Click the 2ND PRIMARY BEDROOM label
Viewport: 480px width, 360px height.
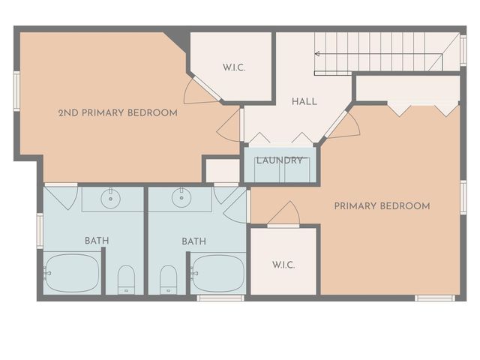pos(118,113)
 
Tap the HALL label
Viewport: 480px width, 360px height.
pos(304,101)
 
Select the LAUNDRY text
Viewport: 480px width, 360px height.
pos(279,160)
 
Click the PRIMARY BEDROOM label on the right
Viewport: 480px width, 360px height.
pos(382,206)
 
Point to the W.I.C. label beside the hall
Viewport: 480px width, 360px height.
pos(234,68)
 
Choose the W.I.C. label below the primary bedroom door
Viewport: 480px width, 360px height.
pos(283,265)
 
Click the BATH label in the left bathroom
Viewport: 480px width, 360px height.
pos(96,241)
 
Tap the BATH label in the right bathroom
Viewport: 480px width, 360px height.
pos(193,241)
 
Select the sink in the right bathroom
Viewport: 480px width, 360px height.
pos(181,199)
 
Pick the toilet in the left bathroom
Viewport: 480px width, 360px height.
pos(126,279)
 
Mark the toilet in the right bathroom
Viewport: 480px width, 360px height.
pos(169,279)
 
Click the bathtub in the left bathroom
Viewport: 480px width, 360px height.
pos(72,274)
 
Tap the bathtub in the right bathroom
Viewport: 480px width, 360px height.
pos(217,274)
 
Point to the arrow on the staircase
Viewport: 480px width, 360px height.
pos(318,53)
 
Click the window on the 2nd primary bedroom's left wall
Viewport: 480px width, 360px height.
pos(16,91)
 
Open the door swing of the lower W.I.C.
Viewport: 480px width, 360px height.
pos(283,215)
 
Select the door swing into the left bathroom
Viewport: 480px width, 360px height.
pos(61,196)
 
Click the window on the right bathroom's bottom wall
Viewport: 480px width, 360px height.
pos(220,298)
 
